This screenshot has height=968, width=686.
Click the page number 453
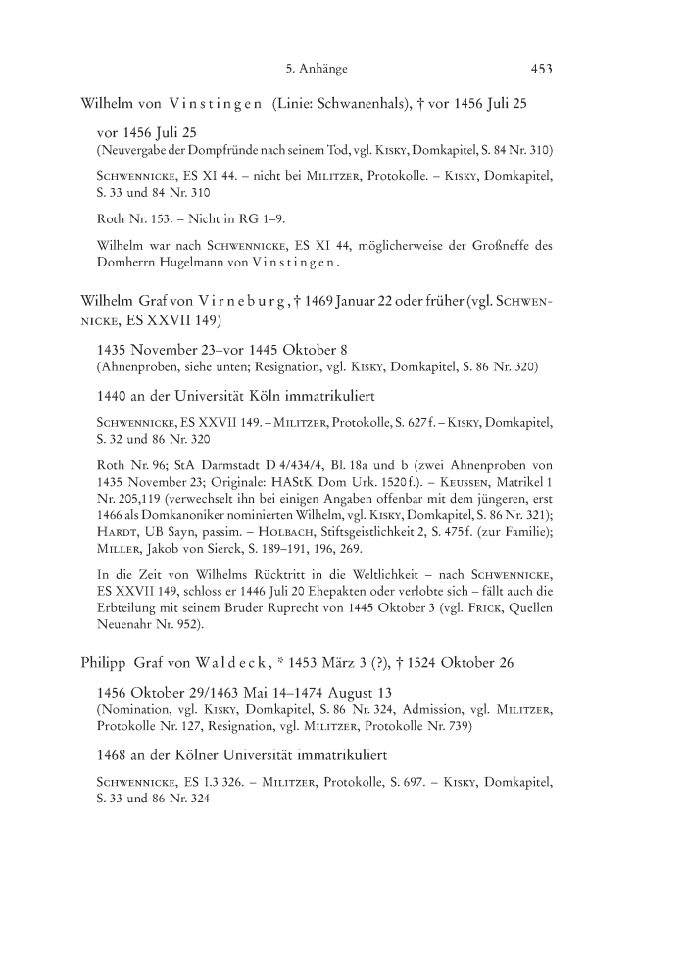click(542, 69)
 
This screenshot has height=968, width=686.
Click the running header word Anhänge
click(324, 69)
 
